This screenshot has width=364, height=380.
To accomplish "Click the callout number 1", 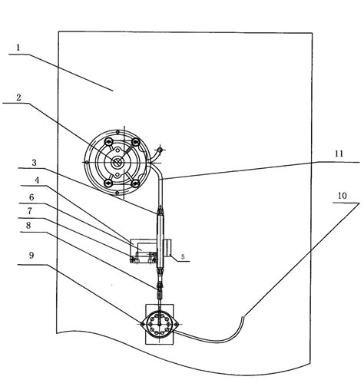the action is click(x=18, y=48).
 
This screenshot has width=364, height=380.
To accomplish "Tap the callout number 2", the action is click(x=18, y=97).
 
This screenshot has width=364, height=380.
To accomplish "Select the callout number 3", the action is click(x=34, y=163).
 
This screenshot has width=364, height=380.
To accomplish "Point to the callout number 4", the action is click(x=37, y=180).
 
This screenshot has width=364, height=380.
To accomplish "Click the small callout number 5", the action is click(x=183, y=257).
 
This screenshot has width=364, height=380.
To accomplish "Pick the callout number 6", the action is click(x=31, y=197).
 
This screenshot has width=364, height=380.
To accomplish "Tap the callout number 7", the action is click(x=30, y=211).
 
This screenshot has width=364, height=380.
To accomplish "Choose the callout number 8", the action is click(x=28, y=225).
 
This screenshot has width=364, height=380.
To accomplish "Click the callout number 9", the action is click(x=31, y=255).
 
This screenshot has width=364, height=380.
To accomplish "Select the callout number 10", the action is click(x=342, y=196).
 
